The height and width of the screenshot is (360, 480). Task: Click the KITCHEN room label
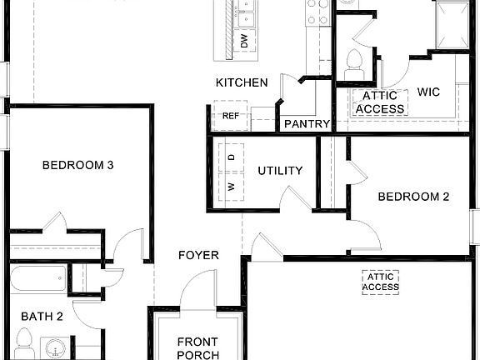(x=242, y=82)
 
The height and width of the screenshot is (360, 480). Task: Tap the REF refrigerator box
(x=230, y=115)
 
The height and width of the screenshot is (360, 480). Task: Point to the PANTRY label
(x=307, y=124)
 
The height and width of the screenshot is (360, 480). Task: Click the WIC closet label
(x=428, y=92)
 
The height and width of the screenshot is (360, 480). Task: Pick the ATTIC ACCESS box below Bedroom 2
(x=381, y=282)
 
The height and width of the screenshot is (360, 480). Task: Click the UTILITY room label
(x=280, y=171)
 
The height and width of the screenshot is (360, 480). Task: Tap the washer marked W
(x=231, y=186)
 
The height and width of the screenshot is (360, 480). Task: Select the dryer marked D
(x=231, y=157)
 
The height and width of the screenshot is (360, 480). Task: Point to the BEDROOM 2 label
(x=413, y=197)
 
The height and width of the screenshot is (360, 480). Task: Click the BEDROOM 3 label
(x=77, y=165)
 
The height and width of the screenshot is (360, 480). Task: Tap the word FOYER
(x=198, y=255)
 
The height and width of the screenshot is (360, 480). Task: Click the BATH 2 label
(x=42, y=316)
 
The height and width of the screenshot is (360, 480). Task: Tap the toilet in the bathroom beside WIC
(x=353, y=61)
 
